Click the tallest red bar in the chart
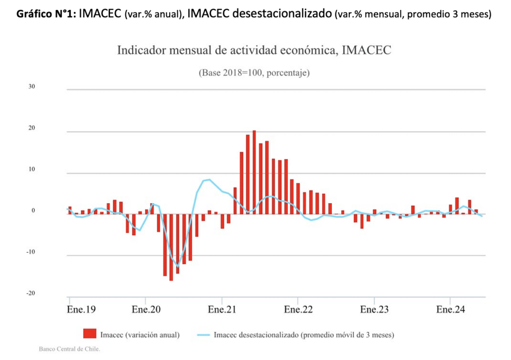click(254, 172)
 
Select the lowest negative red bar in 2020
click(171, 247)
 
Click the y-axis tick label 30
click(31, 86)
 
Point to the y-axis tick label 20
click(31, 128)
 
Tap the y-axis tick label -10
click(30, 252)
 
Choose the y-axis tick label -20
click(30, 293)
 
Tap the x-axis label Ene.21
click(222, 310)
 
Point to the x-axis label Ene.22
click(298, 310)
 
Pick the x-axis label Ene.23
click(374, 310)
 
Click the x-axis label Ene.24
click(451, 310)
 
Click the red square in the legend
click(90, 334)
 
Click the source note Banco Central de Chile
click(69, 349)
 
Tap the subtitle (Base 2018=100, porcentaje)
click(255, 73)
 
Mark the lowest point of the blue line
click(178, 266)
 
